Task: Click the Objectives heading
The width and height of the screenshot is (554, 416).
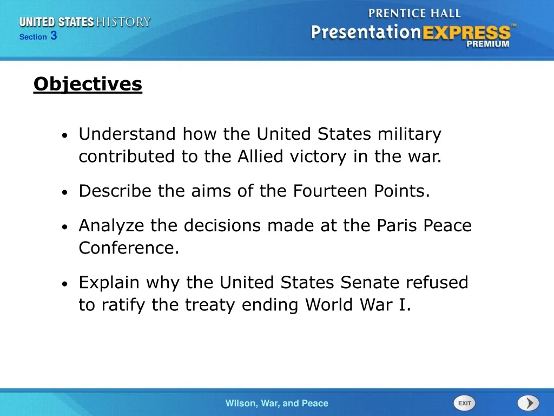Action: pos(88,84)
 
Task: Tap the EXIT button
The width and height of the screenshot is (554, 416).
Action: pos(464,403)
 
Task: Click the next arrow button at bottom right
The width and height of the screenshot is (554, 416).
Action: pos(527,403)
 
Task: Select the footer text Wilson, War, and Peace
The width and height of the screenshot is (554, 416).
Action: pos(276,403)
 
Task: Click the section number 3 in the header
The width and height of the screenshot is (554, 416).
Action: pos(54,36)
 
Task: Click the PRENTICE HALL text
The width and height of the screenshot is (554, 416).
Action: pos(414,12)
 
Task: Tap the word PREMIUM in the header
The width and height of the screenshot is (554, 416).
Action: pos(488,44)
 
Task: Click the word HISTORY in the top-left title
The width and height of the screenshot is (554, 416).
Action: pos(123,22)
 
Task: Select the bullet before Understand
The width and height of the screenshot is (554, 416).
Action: pos(64,135)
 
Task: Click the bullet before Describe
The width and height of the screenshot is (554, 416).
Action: pos(64,192)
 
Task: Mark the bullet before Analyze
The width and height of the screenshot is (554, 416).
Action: pos(64,227)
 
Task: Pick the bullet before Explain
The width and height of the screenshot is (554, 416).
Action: pos(64,284)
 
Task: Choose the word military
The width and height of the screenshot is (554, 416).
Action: pos(410,134)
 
